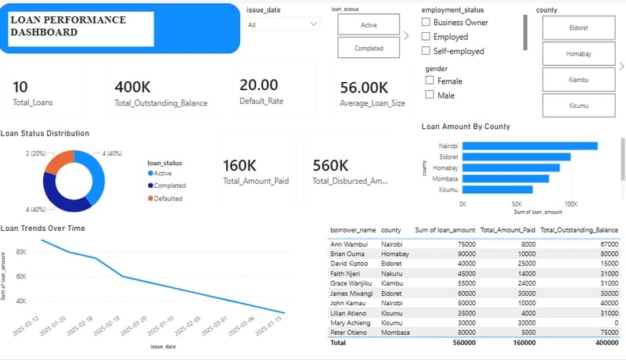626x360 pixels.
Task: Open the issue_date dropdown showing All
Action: click(282, 24)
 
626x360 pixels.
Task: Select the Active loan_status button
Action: click(369, 25)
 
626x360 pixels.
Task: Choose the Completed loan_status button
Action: click(369, 48)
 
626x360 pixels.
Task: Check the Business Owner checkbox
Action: click(426, 23)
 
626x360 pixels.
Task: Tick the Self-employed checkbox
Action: click(426, 51)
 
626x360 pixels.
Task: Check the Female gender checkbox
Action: click(430, 81)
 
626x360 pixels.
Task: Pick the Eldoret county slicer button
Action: click(578, 27)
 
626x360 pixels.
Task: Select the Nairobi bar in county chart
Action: click(529, 146)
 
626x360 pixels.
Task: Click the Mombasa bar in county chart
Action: click(505, 178)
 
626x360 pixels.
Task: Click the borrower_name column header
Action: click(353, 231)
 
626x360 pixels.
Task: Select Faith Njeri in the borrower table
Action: click(349, 272)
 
